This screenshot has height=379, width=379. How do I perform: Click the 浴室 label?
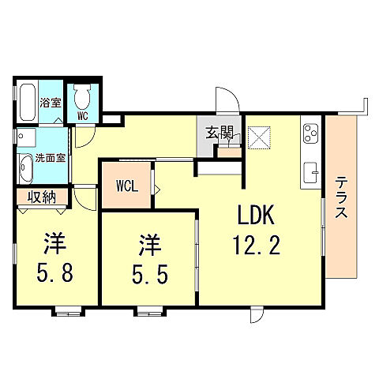pyautogui.click(x=51, y=103)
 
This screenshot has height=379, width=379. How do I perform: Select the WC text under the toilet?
pyautogui.click(x=81, y=116)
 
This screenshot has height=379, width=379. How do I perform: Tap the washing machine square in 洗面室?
pyautogui.click(x=28, y=138)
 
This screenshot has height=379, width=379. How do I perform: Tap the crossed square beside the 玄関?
pyautogui.click(x=257, y=137)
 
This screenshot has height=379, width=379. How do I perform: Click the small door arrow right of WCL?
pyautogui.click(x=157, y=189)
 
